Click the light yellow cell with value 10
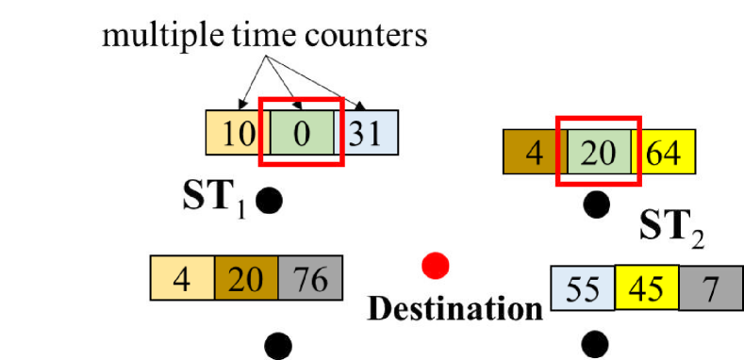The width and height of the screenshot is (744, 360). (236, 134)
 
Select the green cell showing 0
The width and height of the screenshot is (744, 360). (300, 134)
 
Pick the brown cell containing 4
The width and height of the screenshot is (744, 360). (534, 153)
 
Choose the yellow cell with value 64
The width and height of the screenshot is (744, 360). (669, 153)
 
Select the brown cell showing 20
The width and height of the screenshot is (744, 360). (248, 280)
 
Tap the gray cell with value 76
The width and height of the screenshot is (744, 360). (311, 280)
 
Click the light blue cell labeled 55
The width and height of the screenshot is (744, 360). (583, 287)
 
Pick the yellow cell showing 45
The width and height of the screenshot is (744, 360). (647, 287)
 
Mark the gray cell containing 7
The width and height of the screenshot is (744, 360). (710, 287)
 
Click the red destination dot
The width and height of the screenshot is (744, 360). (435, 267)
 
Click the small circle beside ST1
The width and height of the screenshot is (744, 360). (270, 201)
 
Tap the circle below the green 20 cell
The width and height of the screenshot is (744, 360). (596, 205)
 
